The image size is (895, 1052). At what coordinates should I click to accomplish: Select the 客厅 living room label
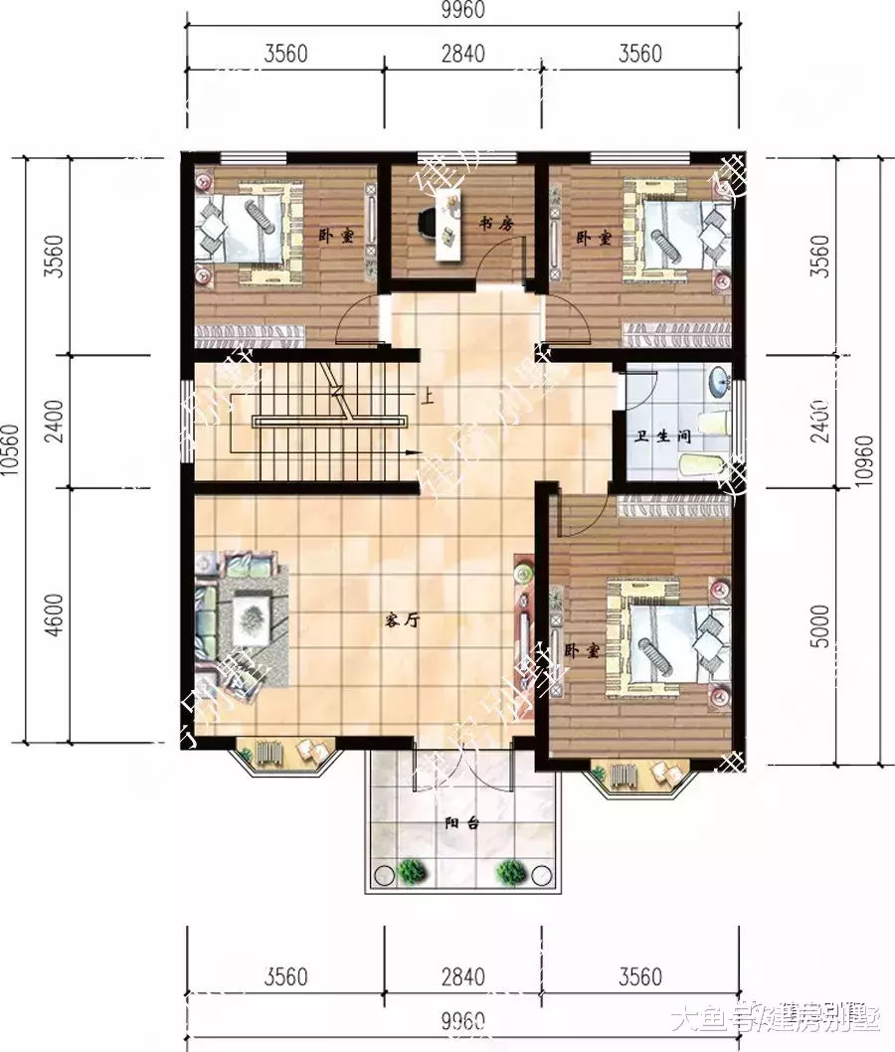click(402, 619)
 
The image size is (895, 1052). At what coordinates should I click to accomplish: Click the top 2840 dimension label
click(462, 54)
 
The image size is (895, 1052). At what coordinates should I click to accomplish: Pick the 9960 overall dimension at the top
click(462, 13)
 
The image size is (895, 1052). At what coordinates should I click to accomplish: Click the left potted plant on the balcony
click(412, 871)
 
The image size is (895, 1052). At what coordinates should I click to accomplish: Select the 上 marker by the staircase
click(428, 401)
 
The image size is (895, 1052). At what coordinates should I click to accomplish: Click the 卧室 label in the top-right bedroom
click(592, 239)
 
